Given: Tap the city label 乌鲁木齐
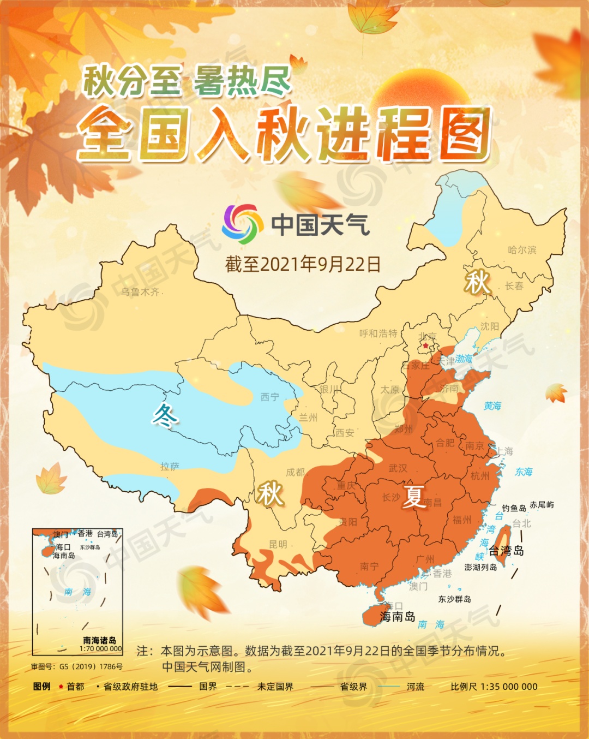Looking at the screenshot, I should tap(140, 292).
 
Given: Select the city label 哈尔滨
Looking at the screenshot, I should tap(522, 250).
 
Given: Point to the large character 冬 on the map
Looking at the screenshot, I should tap(165, 416).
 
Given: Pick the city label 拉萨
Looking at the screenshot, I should tap(170, 467).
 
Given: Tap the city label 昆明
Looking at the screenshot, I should tap(278, 544).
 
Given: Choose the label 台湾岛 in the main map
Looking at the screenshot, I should tap(506, 551).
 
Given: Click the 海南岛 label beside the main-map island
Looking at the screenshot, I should tap(398, 617).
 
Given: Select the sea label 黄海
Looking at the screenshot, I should tap(492, 406).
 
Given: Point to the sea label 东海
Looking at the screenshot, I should tap(524, 472).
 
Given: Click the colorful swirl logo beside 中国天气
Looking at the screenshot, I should tap(240, 224).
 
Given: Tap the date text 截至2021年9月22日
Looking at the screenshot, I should tap(303, 264).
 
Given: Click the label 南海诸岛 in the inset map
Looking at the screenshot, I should tap(99, 640).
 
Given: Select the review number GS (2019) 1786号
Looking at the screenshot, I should tap(77, 666).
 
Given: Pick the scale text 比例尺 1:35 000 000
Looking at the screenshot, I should tap(494, 687).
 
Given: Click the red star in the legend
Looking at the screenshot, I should tap(61, 687).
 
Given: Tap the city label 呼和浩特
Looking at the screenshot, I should tap(378, 333).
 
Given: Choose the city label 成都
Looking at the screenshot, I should tap(295, 472).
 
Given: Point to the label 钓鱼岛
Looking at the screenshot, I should tap(514, 508).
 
